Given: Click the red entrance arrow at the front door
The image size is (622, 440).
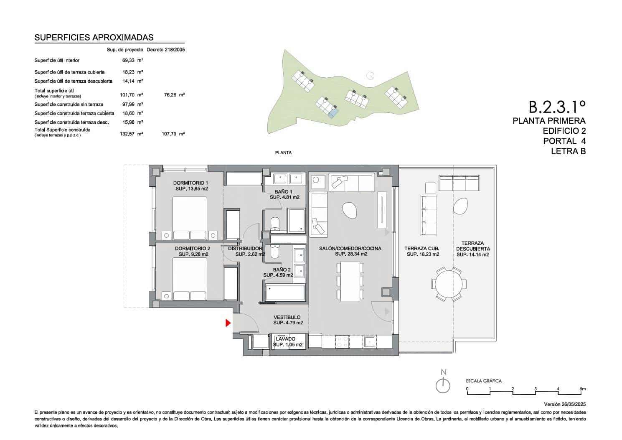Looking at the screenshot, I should pos(228,323).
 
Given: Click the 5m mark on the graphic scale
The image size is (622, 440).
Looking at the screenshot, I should pos(583,389).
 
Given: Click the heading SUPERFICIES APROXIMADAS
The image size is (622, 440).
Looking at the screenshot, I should pos(94,38).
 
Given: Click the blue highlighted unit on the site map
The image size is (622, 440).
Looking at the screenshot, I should pos(333,112).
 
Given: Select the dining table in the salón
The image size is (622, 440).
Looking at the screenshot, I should pos(350,281).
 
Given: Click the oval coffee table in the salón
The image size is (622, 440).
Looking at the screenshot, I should pos(350,210).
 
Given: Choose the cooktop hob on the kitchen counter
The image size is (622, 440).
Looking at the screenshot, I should pos(343,342).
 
